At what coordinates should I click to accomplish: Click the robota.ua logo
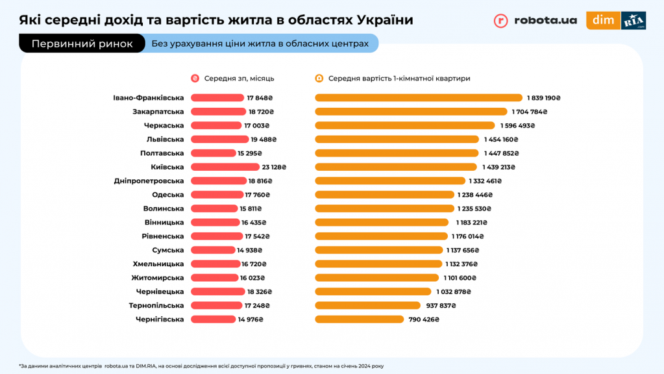(x=535, y=20)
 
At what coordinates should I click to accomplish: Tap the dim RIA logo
(x=616, y=20)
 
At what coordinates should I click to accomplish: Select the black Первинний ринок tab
(x=82, y=44)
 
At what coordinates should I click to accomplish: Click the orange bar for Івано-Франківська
(x=418, y=98)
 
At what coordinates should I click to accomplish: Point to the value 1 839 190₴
(x=543, y=98)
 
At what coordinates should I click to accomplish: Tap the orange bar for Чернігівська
(x=359, y=319)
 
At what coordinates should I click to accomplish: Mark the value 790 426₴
(x=423, y=319)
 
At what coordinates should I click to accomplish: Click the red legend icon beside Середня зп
(x=195, y=79)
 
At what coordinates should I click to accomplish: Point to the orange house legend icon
(x=319, y=79)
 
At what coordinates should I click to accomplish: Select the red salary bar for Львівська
(x=220, y=139)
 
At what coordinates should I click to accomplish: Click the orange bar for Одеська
(x=384, y=195)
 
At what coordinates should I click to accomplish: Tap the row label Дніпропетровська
(x=149, y=181)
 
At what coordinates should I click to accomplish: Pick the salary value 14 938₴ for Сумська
(x=249, y=250)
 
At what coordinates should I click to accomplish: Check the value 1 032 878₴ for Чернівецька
(x=453, y=292)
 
